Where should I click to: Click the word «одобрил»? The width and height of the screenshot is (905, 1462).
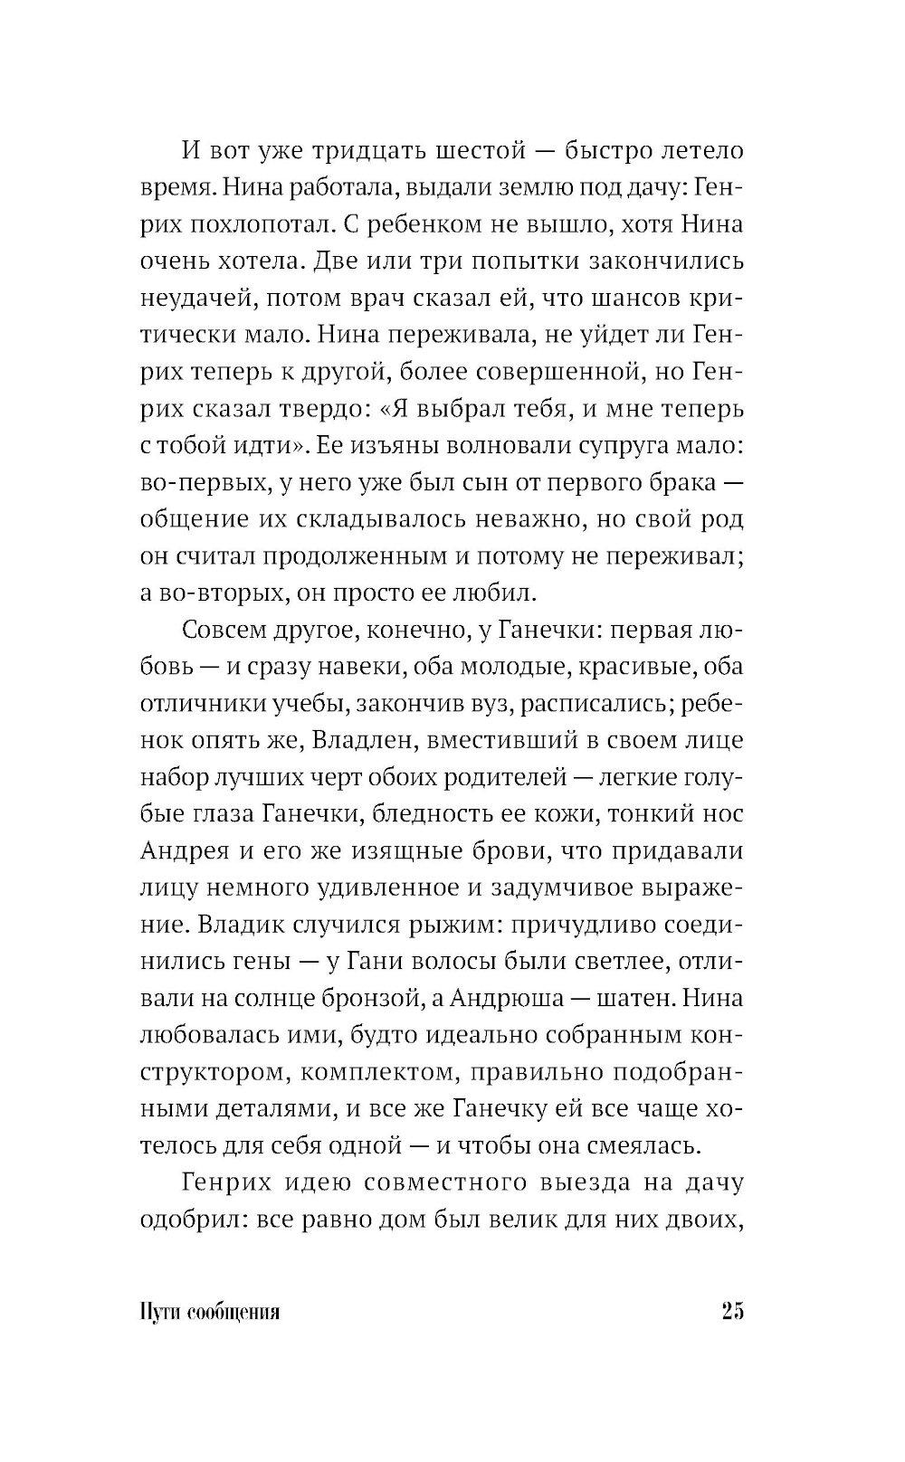point(193,1218)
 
